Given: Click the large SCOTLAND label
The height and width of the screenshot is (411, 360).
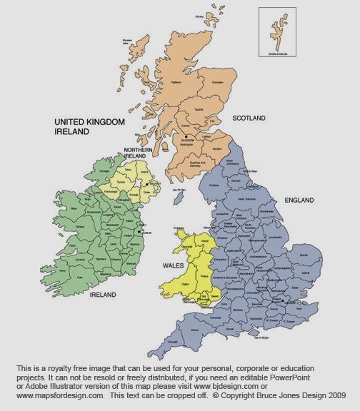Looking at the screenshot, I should (x=249, y=118).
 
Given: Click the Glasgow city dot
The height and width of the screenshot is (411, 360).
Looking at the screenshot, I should (x=185, y=136).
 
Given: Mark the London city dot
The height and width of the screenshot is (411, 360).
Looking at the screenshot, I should (x=284, y=302).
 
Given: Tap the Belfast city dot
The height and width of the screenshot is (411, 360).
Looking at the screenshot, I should (x=151, y=183).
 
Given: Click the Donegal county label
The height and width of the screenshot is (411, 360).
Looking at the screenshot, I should (x=105, y=172).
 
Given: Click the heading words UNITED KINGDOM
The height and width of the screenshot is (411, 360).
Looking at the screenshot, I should (x=89, y=123).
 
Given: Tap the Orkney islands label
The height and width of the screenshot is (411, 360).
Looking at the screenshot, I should (x=199, y=15).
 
